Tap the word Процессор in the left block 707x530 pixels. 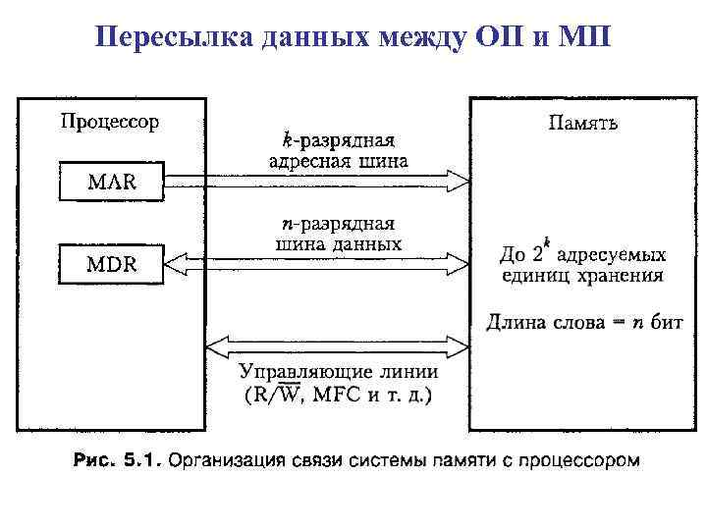pos(110,123)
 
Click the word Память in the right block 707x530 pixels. pos(583,124)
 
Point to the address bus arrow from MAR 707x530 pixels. pos(314,181)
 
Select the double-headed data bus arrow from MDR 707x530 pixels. pos(314,262)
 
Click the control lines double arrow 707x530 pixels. pos(337,347)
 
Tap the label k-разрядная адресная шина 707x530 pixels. pos(338,150)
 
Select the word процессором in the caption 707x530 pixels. pos(583,459)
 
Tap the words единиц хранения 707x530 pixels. pos(581,276)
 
